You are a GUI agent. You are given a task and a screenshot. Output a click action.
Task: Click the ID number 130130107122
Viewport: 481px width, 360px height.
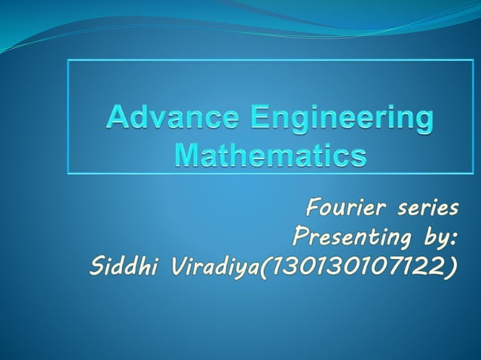point(351,267)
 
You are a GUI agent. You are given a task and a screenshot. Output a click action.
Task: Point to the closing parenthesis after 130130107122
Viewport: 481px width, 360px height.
point(451,267)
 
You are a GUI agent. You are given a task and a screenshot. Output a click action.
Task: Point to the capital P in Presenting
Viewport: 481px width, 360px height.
point(301,238)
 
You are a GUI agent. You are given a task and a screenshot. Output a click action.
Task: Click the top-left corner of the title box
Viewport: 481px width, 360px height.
point(69,60)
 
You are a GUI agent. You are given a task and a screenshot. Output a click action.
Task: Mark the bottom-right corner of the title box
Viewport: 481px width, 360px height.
point(473,174)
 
